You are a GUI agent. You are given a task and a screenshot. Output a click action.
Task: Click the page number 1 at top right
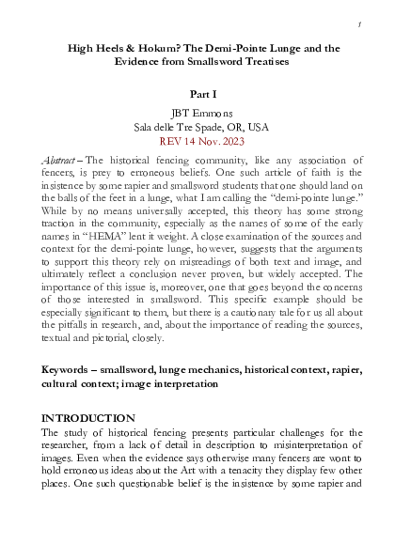360,21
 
